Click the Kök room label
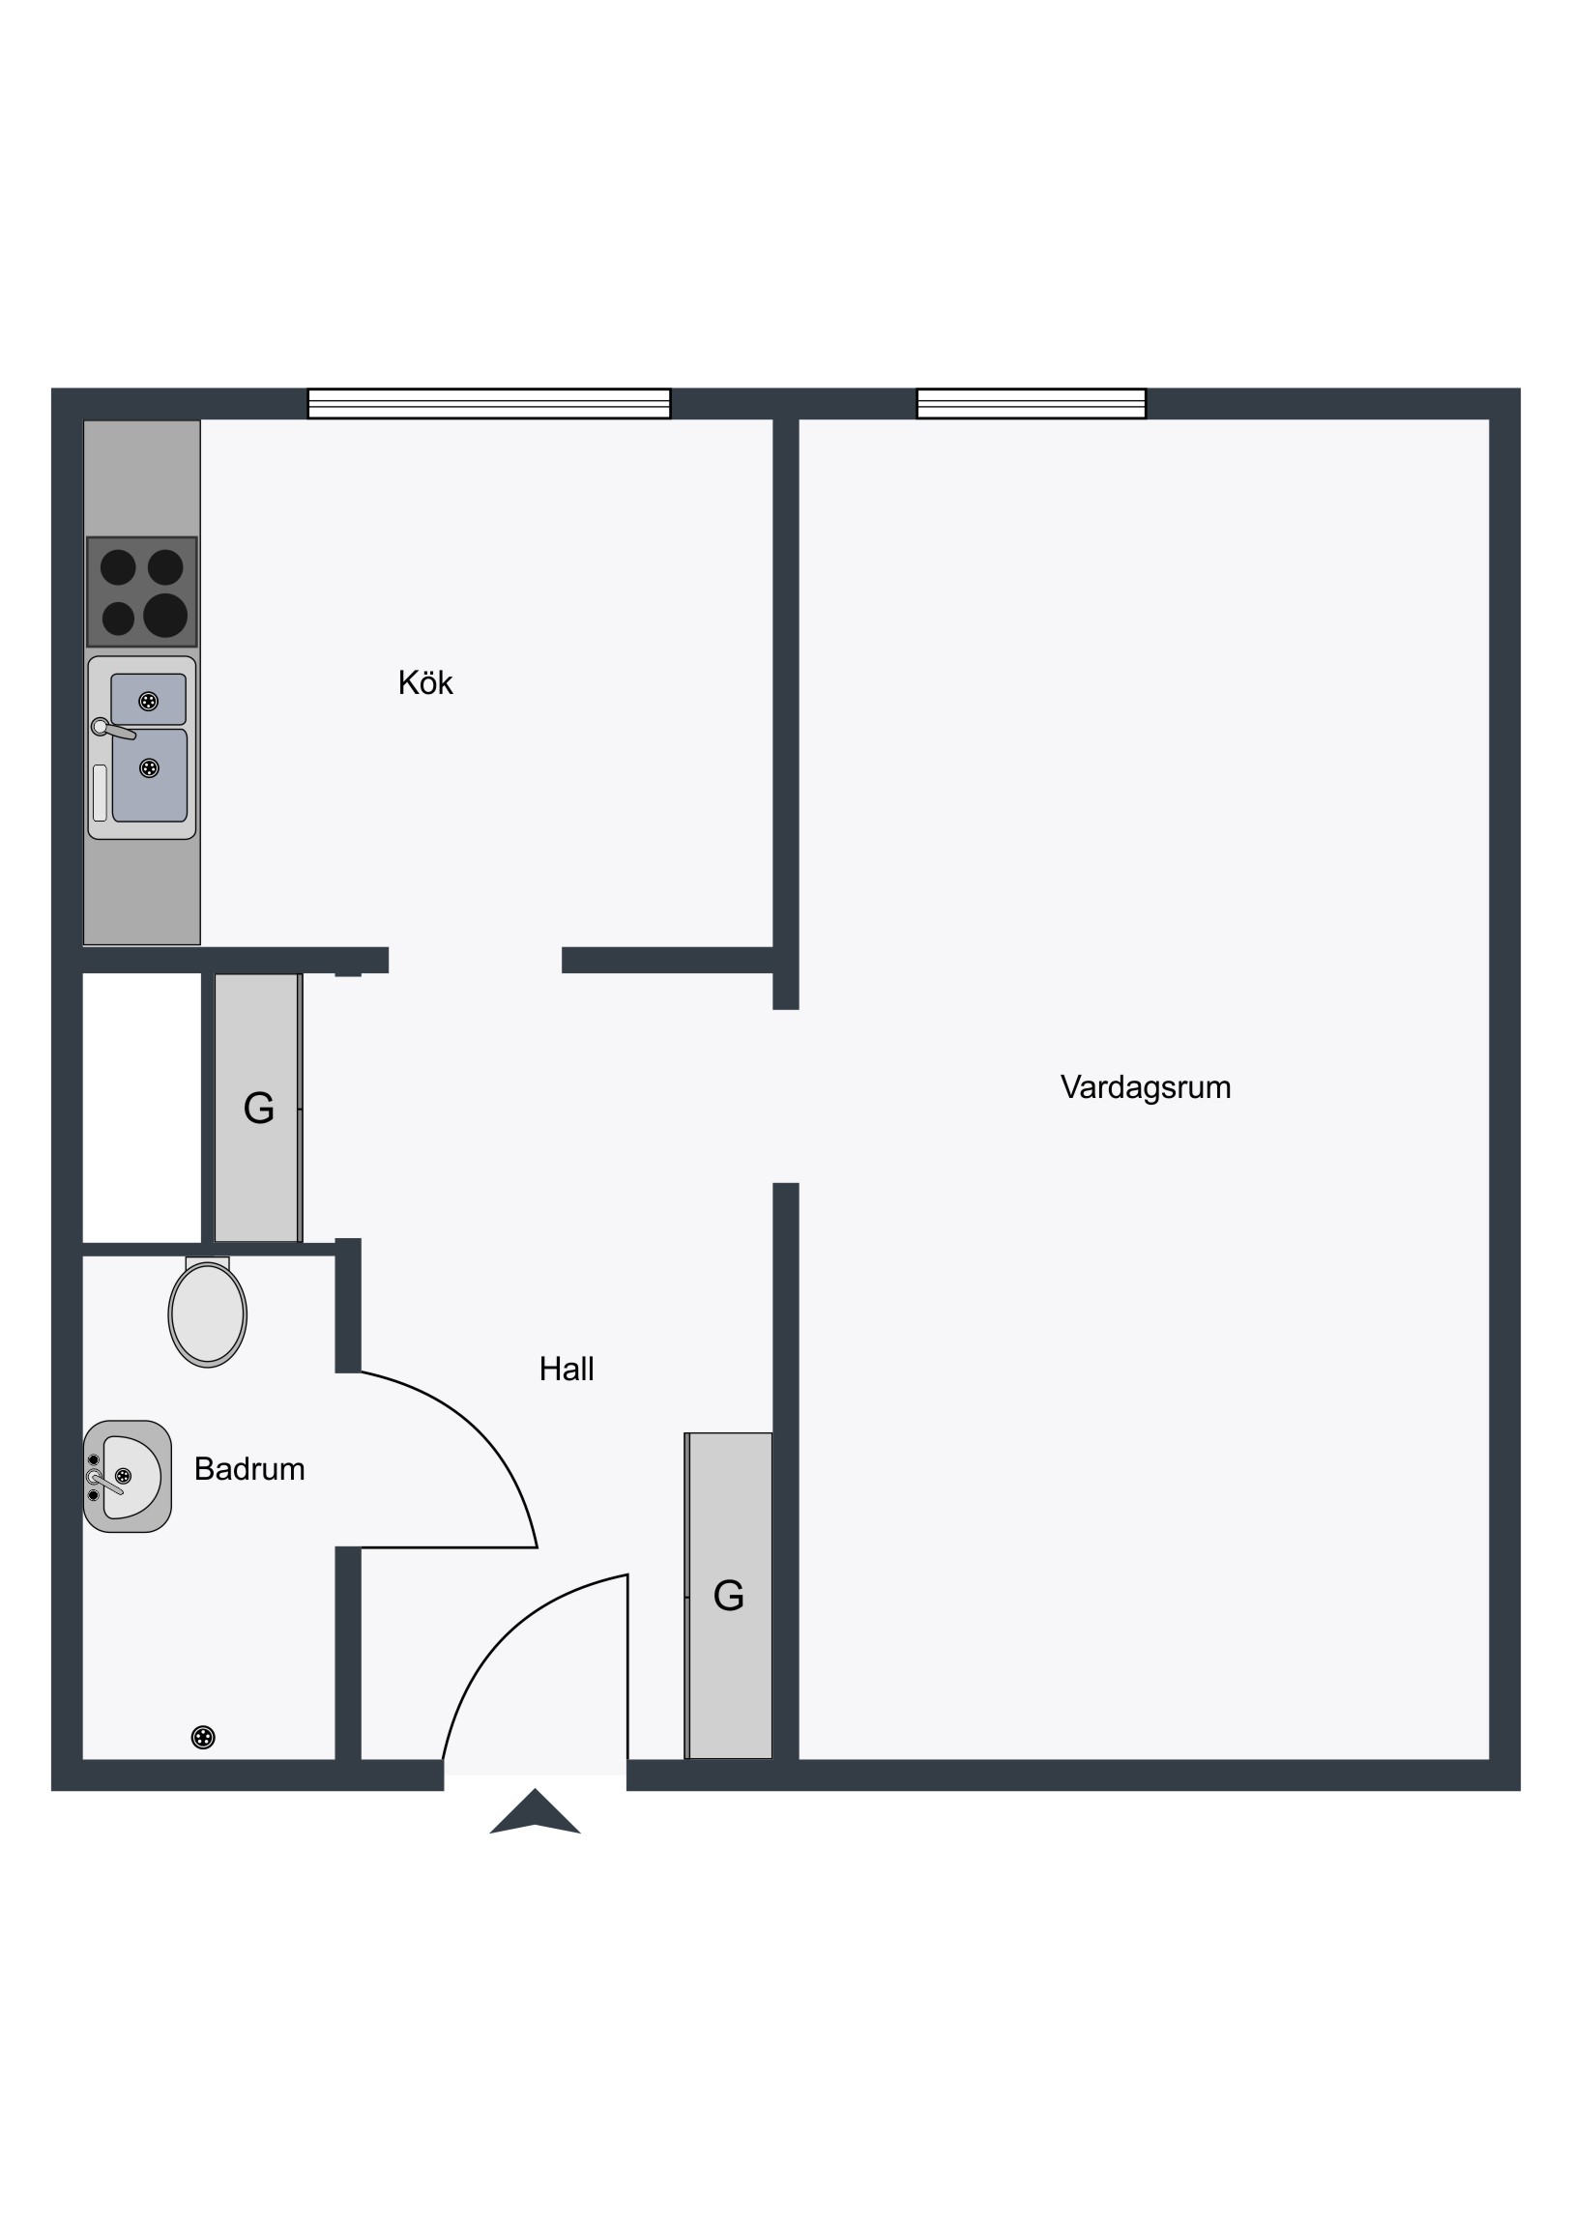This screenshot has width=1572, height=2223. (x=425, y=682)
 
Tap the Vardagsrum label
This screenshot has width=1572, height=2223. (x=1145, y=1087)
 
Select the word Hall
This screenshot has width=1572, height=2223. (x=567, y=1368)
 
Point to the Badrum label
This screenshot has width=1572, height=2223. (x=248, y=1469)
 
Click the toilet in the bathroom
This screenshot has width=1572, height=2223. (x=207, y=1311)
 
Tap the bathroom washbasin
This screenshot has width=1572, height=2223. (x=127, y=1477)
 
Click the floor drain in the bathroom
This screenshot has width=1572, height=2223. (x=203, y=1737)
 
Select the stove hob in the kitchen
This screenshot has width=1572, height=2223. (x=142, y=592)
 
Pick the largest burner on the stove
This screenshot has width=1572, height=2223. (x=165, y=615)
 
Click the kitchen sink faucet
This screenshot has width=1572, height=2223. (x=112, y=729)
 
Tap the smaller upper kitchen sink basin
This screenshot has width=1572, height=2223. (x=148, y=699)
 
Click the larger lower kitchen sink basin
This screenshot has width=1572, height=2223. (x=149, y=774)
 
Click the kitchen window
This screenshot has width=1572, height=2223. (x=489, y=404)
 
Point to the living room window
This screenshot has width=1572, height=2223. (x=1032, y=404)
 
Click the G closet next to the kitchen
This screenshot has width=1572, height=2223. (x=257, y=1108)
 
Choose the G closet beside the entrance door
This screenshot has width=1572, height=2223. (x=728, y=1596)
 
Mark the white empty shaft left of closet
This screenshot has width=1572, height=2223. (x=142, y=1108)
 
